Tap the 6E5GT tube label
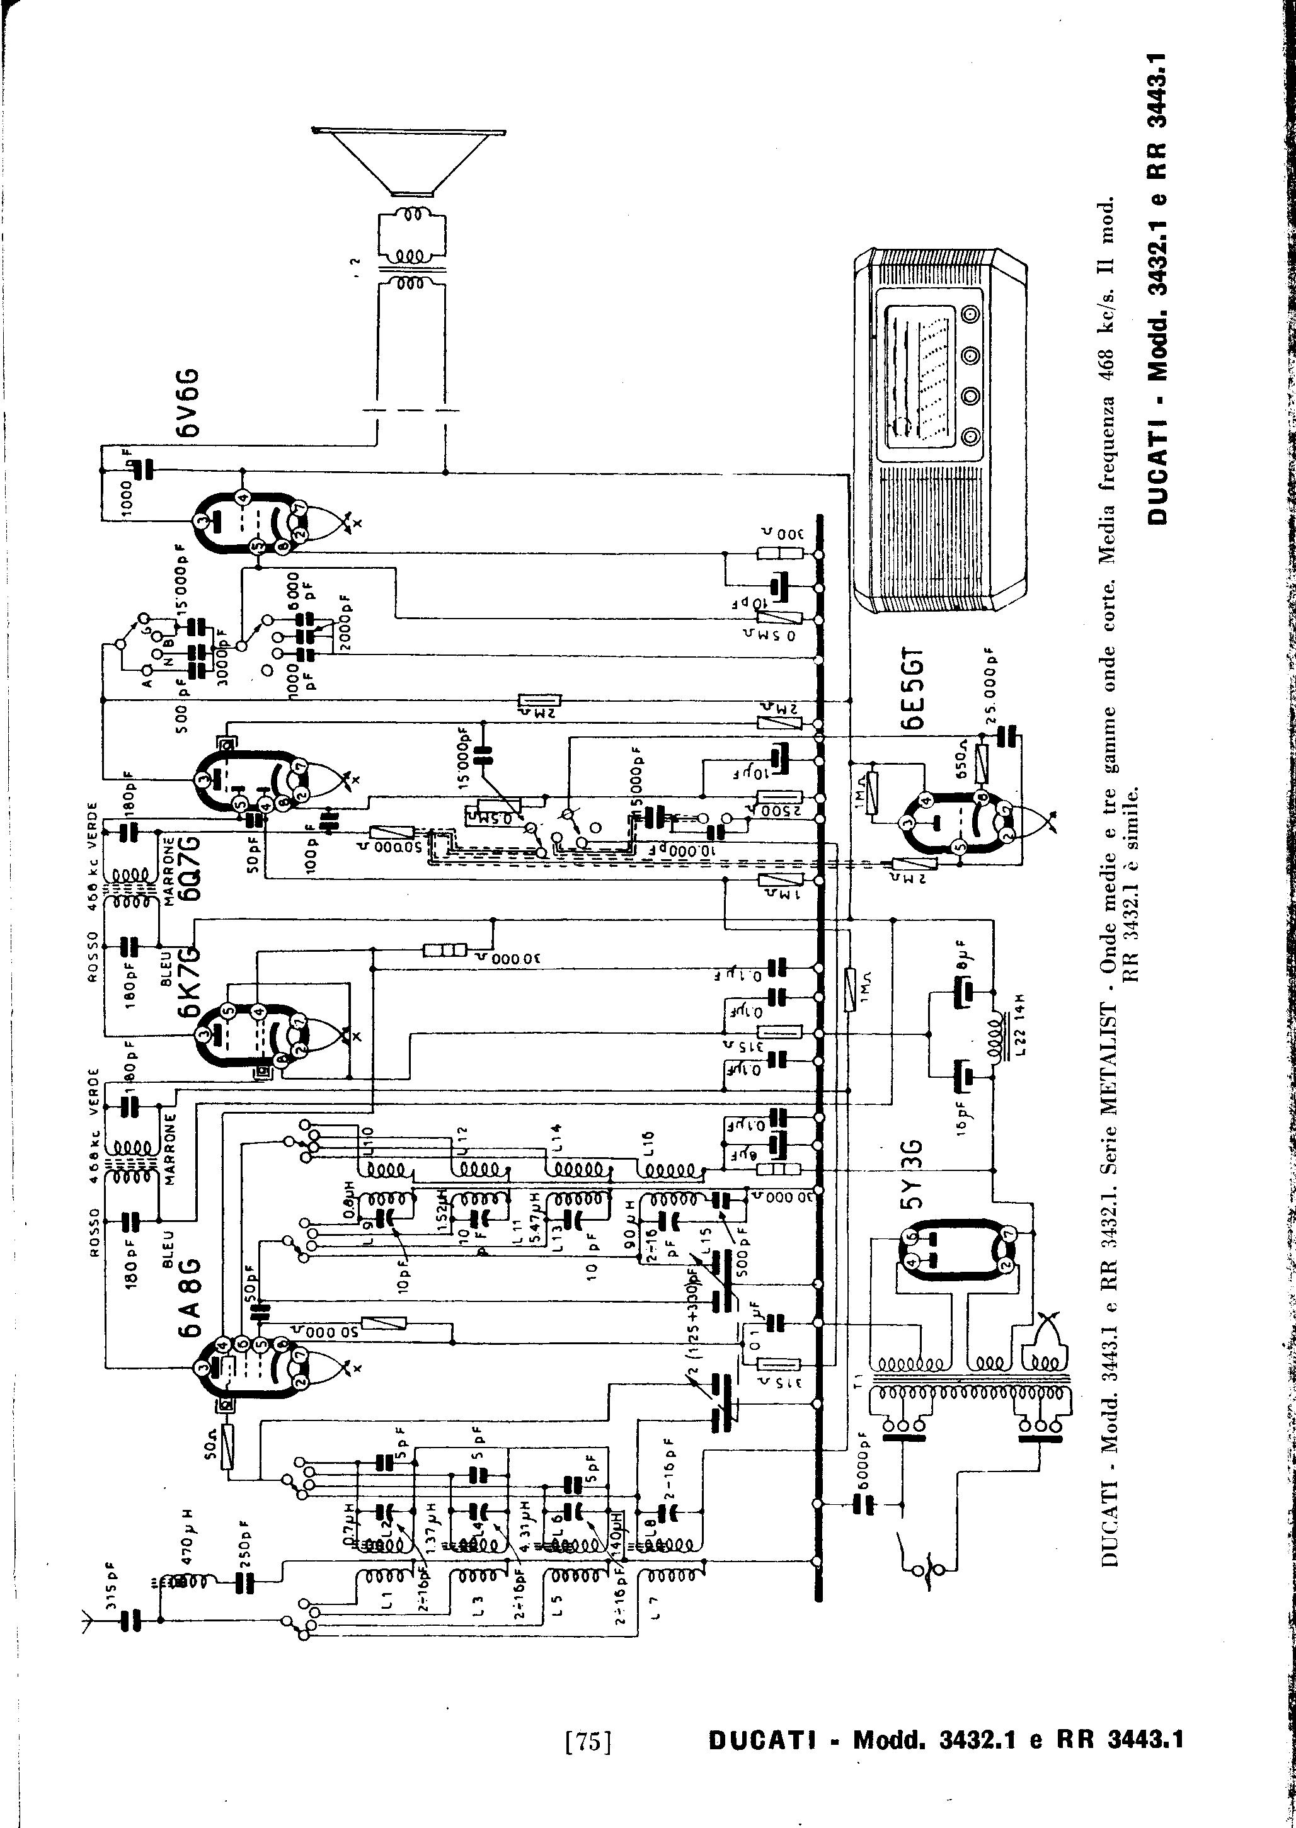[x=913, y=688]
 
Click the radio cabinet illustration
[x=939, y=431]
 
